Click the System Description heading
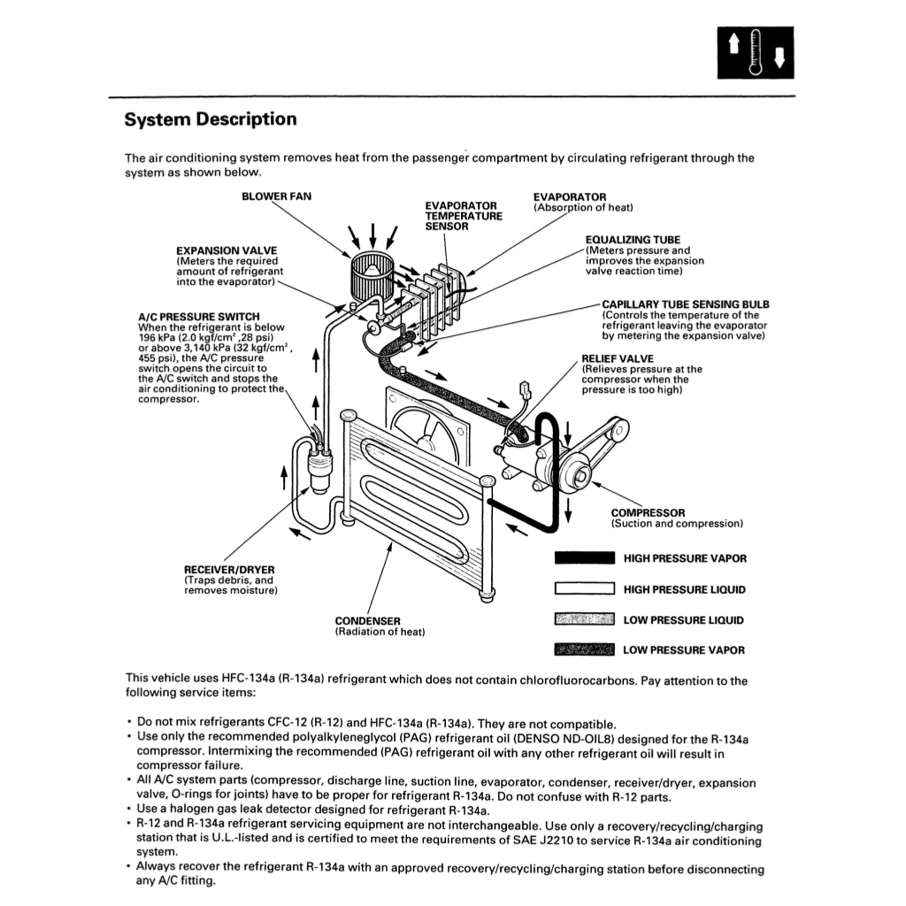[211, 119]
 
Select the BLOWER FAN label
[276, 196]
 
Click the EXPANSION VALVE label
[216, 251]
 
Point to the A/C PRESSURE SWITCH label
[199, 317]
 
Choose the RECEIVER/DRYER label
[229, 569]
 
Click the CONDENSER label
[367, 621]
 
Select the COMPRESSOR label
[648, 513]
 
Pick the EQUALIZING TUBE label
[633, 240]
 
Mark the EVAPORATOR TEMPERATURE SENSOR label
[463, 216]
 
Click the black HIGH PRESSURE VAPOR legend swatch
[584, 558]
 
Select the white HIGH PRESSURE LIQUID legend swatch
[584, 589]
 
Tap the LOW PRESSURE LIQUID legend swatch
[584, 619]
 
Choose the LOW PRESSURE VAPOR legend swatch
[584, 650]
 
